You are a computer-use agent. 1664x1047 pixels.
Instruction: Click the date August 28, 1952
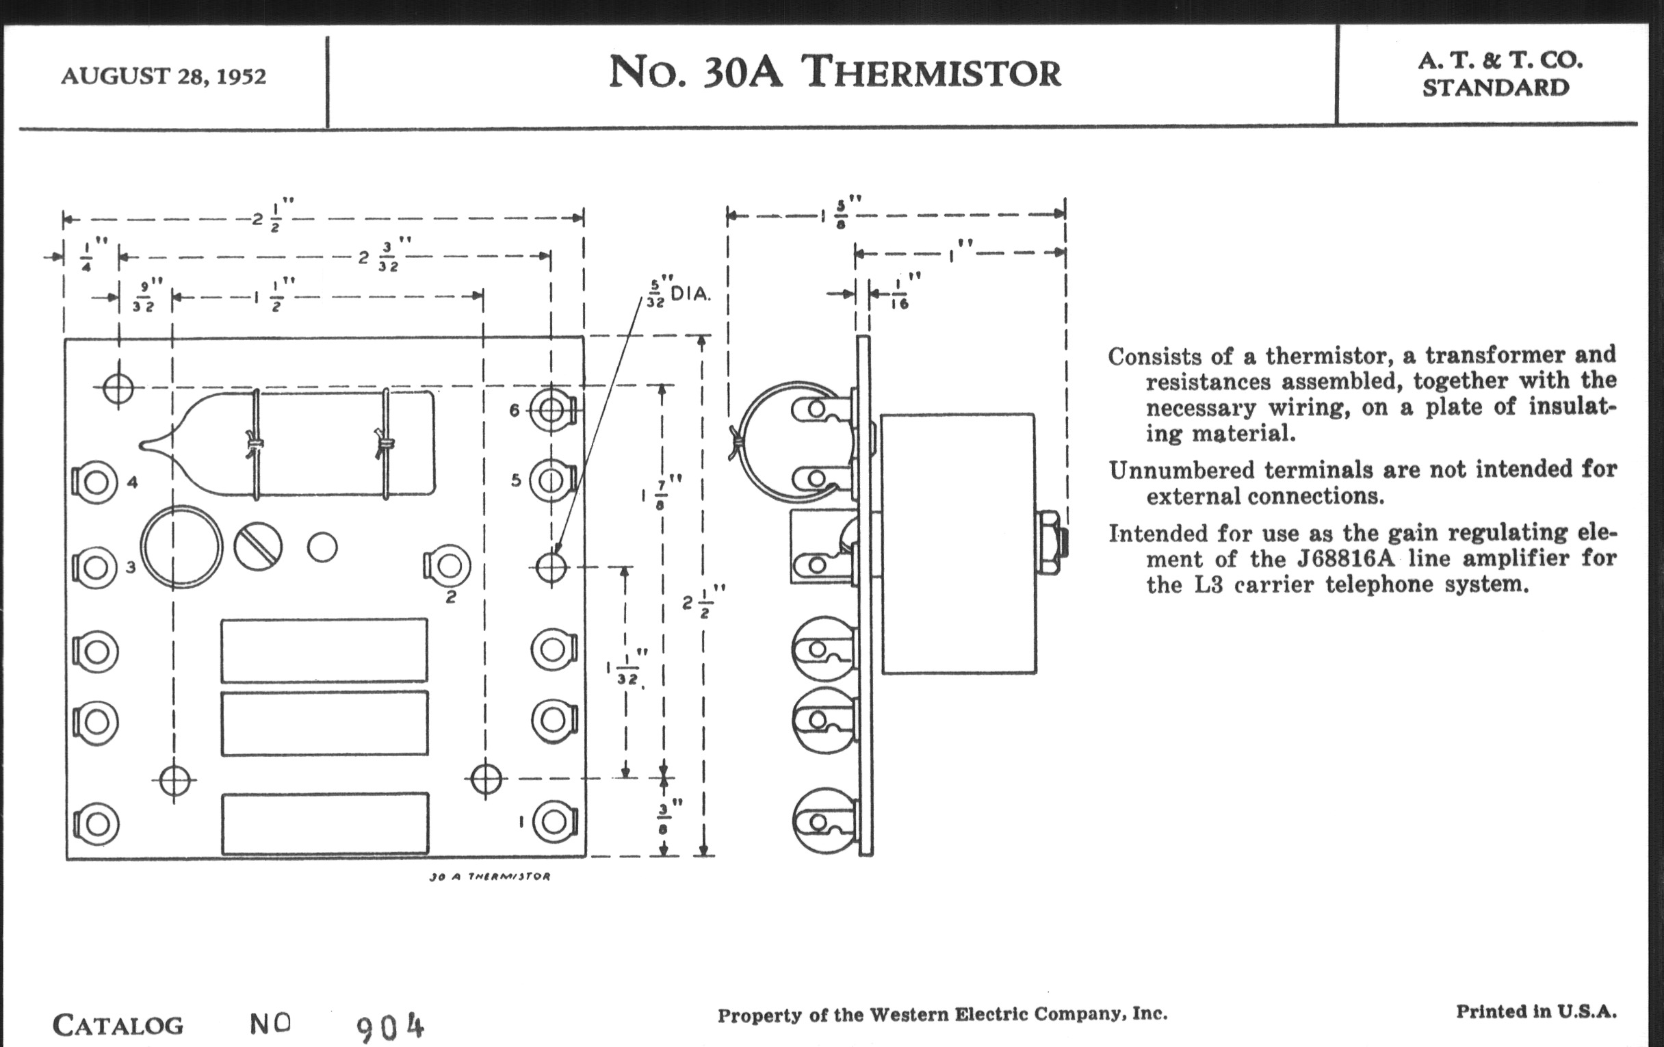pos(163,76)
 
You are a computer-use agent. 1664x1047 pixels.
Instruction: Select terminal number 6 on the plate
pos(551,411)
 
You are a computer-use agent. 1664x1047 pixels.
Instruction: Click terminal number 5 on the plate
pos(551,480)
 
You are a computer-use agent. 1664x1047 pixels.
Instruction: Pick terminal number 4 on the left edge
pos(95,482)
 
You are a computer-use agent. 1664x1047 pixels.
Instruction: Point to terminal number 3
pos(95,567)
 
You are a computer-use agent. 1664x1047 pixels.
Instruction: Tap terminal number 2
pos(448,566)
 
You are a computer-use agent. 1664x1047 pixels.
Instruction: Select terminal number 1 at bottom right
pos(554,821)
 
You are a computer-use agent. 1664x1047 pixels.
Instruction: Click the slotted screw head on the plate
pos(258,546)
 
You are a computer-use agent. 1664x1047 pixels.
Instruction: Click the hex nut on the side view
pos(1050,543)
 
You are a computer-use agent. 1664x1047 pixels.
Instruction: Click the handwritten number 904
pos(390,1028)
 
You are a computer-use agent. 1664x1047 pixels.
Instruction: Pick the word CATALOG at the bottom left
pos(118,1025)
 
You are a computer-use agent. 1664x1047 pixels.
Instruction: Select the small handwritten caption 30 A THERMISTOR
pos(489,877)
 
